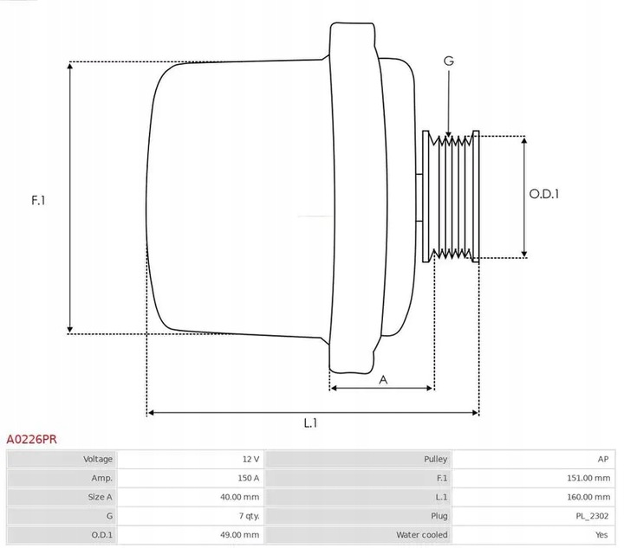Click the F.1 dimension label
point(38,200)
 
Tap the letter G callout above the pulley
point(448,61)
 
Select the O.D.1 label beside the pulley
point(544,194)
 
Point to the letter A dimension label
point(383,378)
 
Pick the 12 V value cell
point(250,459)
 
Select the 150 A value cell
point(248,478)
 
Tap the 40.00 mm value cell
point(240,497)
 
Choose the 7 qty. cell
point(245,516)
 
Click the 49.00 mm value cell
point(240,535)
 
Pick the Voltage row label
point(98,459)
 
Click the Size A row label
point(99,497)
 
